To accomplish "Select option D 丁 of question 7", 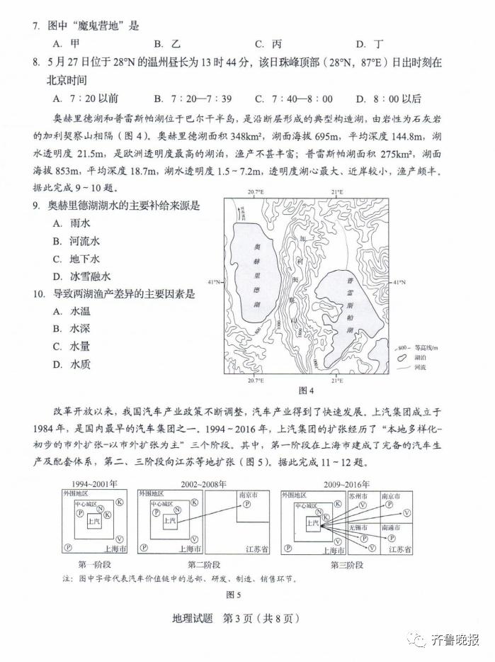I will [x=369, y=44].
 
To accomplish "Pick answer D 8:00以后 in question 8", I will [x=388, y=99].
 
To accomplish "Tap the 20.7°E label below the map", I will [x=256, y=381].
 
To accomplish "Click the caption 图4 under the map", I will [x=306, y=391].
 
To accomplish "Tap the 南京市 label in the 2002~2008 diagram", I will [x=247, y=494].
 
